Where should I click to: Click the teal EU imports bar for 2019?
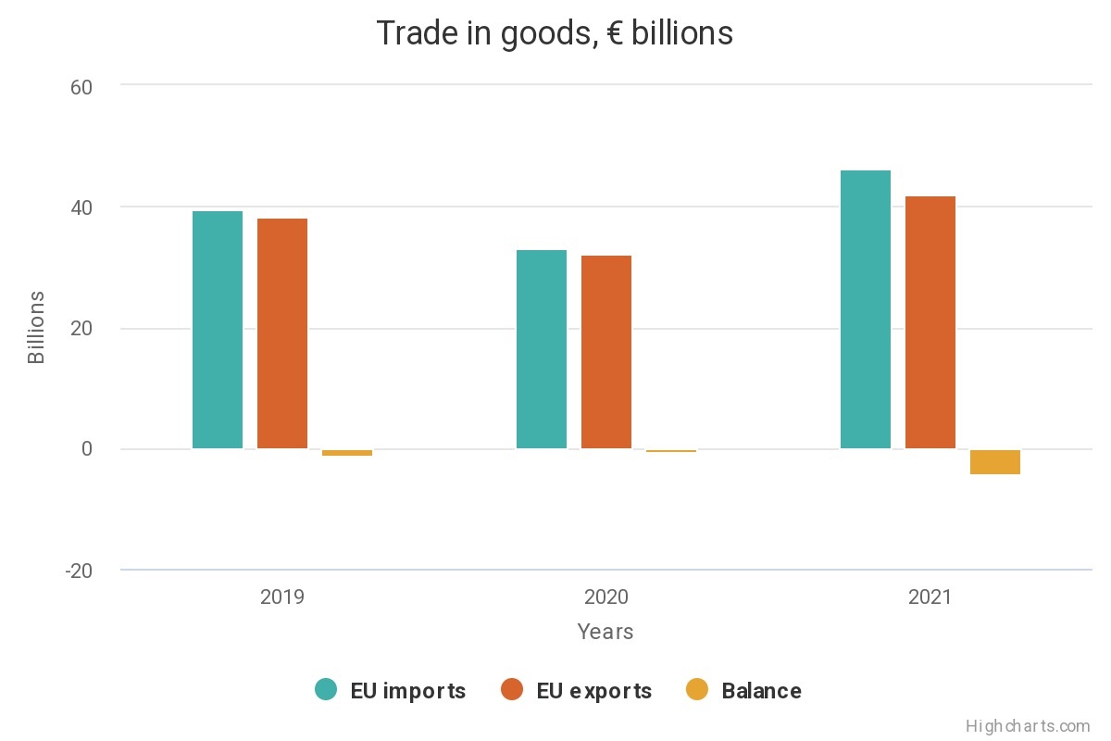tap(218, 330)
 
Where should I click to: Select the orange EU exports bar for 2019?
tap(282, 333)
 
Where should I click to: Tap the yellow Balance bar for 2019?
tap(347, 453)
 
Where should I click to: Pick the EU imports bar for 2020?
tap(542, 349)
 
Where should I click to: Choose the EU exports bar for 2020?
tap(606, 352)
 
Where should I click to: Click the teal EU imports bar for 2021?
tap(866, 309)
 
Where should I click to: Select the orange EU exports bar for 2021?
tap(930, 322)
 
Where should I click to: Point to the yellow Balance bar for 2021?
tap(995, 461)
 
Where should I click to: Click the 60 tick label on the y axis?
tap(81, 86)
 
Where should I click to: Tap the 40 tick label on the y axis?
tap(81, 207)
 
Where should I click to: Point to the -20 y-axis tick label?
tap(78, 571)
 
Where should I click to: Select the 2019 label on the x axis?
tap(282, 597)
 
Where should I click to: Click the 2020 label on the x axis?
tap(606, 597)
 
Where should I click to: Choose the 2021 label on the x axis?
tap(930, 597)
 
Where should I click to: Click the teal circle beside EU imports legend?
tap(326, 690)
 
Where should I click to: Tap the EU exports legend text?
tap(593, 691)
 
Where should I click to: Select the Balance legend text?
tap(761, 691)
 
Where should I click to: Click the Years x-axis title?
tap(605, 632)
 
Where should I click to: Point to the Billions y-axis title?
tap(36, 328)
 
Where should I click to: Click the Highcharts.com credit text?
tap(1028, 726)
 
